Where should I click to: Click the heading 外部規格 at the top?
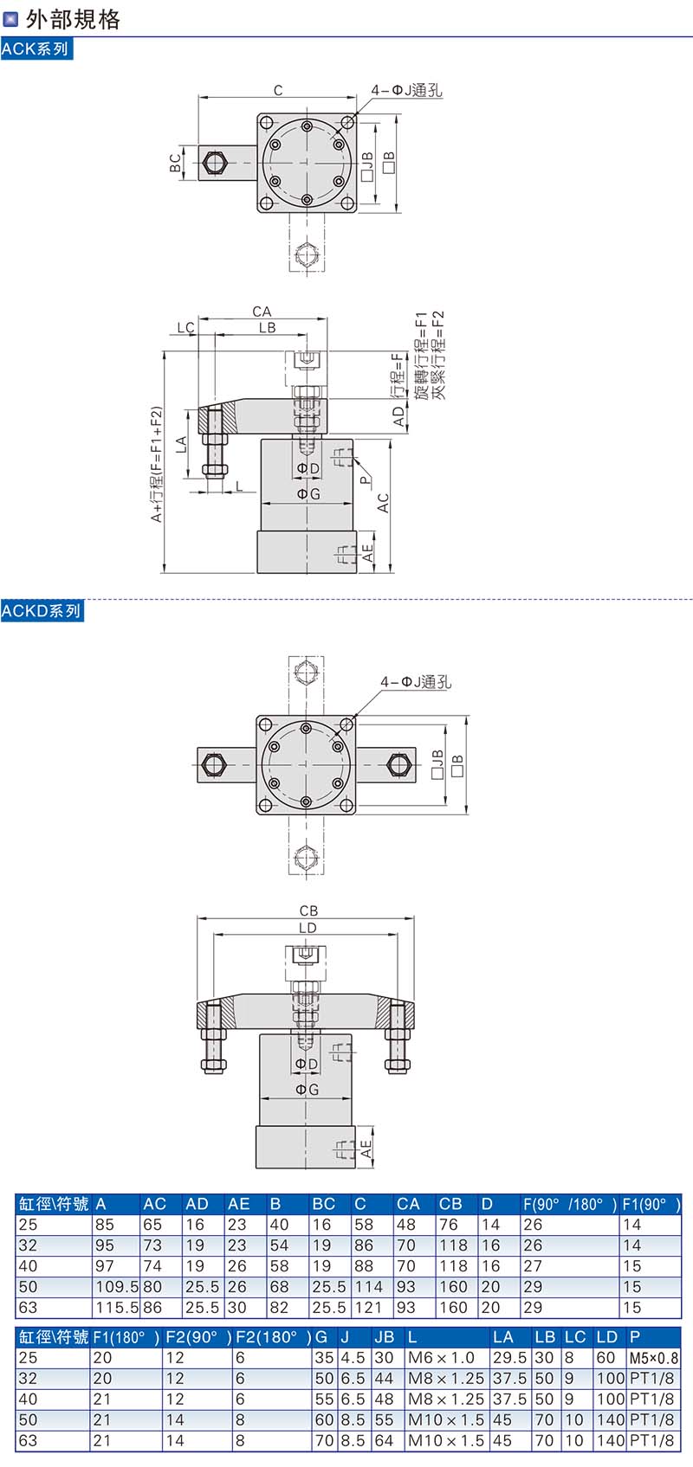pyautogui.click(x=73, y=19)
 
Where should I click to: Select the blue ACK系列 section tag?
pyautogui.click(x=36, y=49)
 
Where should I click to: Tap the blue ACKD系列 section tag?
pyautogui.click(x=42, y=611)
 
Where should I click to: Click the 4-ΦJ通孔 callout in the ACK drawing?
pyautogui.click(x=406, y=90)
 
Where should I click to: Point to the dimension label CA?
pyautogui.click(x=262, y=311)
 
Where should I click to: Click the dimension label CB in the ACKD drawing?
pyautogui.click(x=308, y=910)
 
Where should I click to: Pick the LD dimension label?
pyautogui.click(x=308, y=927)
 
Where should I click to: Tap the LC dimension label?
pyautogui.click(x=185, y=327)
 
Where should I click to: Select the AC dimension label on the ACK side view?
pyautogui.click(x=383, y=502)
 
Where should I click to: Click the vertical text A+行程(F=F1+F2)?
pyautogui.click(x=156, y=464)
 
